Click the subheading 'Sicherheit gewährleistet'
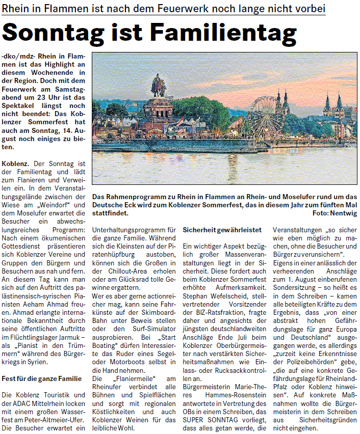pos(222,230)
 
